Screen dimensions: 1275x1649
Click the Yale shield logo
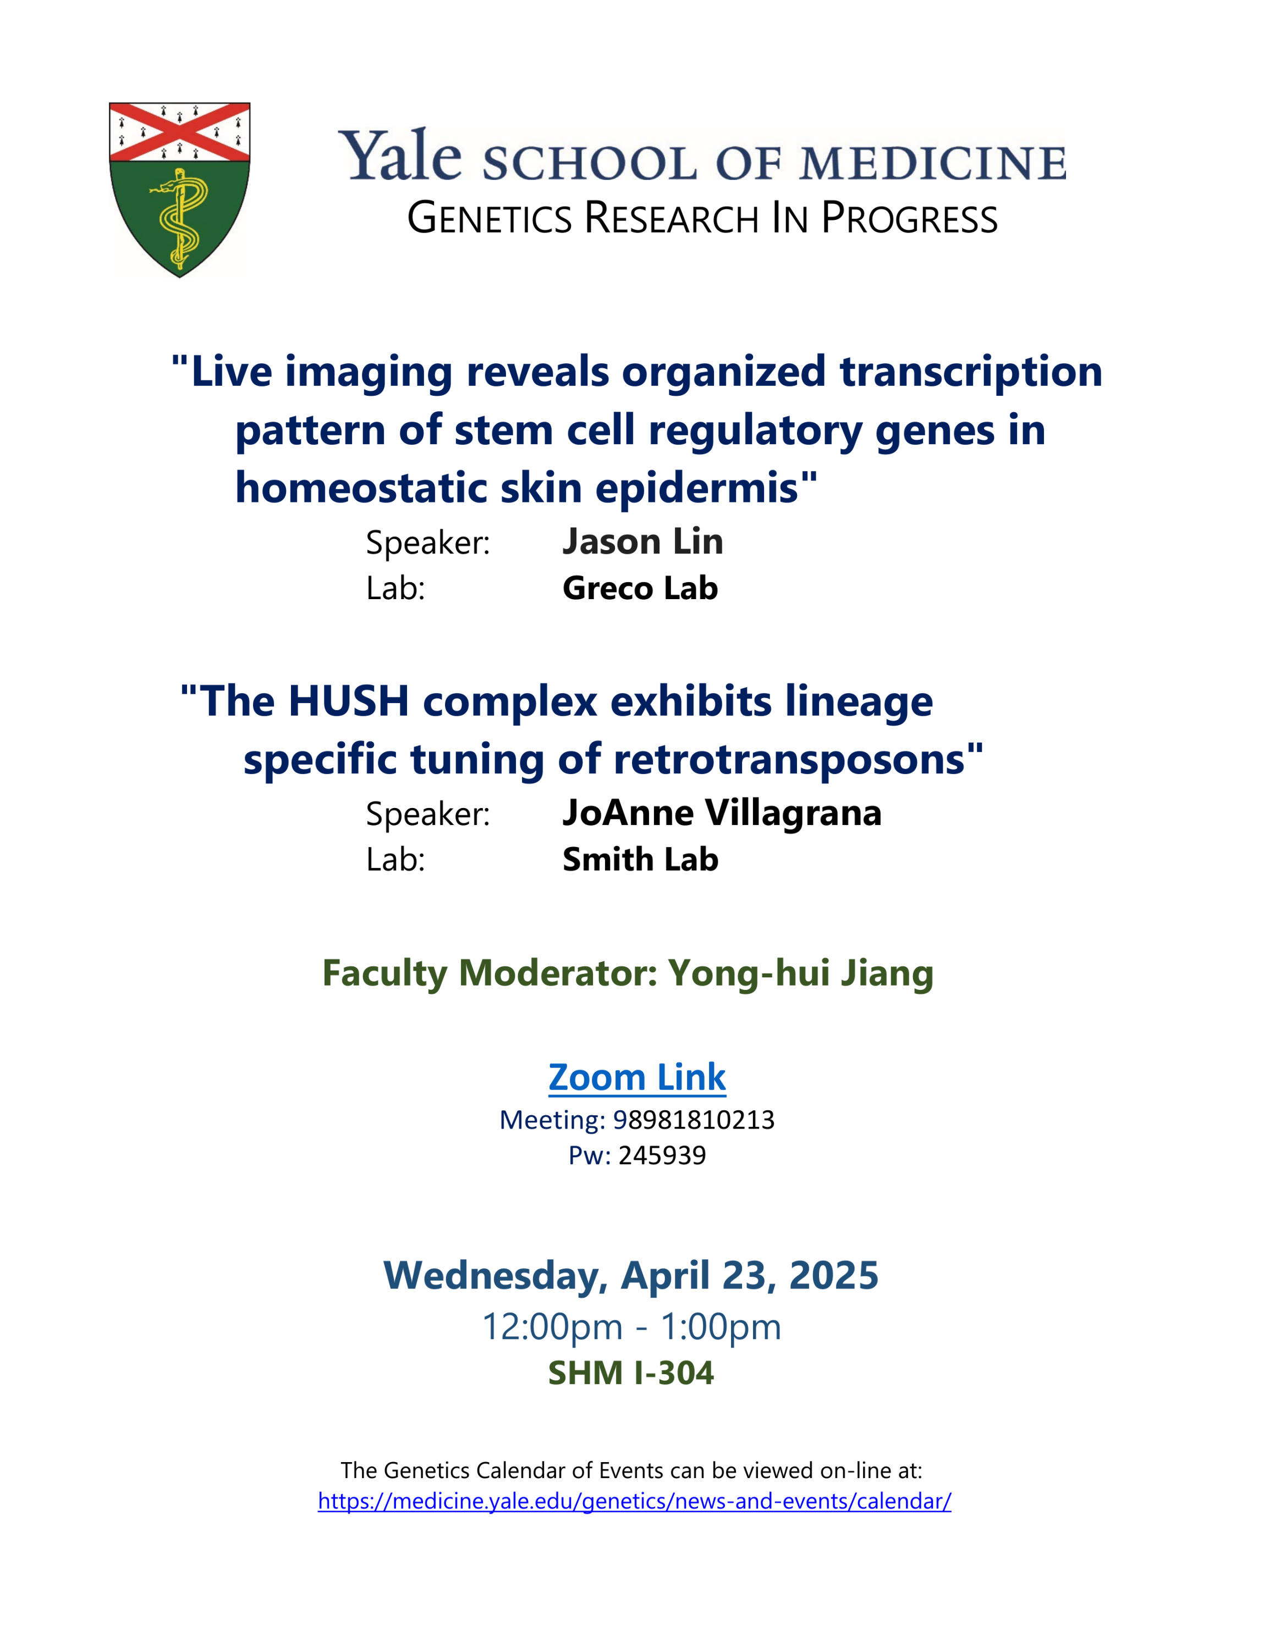180,190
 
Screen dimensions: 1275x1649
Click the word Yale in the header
399,155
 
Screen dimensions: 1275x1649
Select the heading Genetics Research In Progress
702,218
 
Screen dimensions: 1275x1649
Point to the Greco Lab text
640,588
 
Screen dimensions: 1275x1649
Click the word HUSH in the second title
349,701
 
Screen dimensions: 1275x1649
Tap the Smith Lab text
640,859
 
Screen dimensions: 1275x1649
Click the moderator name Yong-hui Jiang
801,973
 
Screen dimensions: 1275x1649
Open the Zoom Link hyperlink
637,1077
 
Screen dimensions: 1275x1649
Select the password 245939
662,1155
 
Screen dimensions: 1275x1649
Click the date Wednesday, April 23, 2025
631,1276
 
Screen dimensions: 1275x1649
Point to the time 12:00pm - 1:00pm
631,1326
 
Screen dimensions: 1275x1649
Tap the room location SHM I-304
631,1373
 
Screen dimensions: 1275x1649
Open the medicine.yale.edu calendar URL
635,1501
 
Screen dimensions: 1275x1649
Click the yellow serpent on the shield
178,219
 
